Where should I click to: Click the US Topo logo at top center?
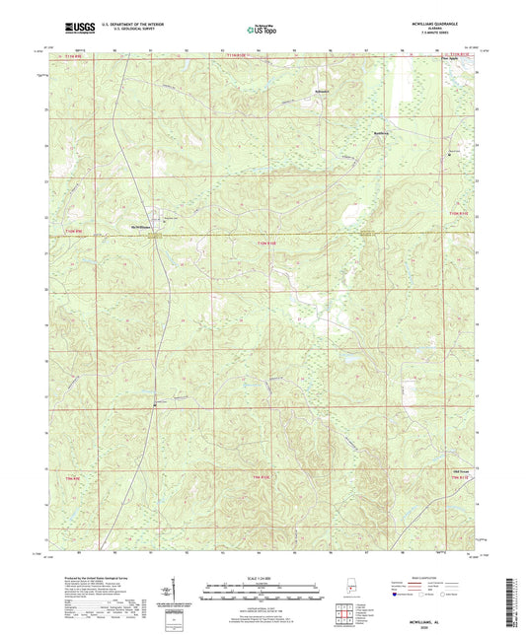(261, 30)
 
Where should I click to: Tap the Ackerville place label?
(313, 99)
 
